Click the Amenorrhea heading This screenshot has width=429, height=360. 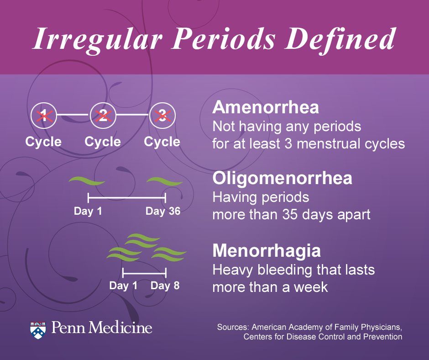266,108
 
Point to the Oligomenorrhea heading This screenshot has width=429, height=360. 283,178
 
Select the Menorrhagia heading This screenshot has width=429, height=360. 267,251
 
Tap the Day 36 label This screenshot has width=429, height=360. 163,211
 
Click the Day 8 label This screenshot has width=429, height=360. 165,286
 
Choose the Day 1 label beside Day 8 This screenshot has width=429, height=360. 123,286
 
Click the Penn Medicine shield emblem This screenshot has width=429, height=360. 38,329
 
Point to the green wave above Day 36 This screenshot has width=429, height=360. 164,182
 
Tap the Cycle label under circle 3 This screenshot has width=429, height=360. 162,142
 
